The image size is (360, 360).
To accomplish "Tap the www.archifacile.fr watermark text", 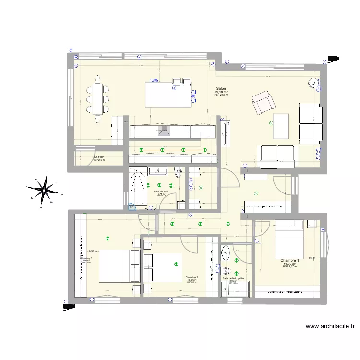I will (330, 326).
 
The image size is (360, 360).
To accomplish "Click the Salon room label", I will (221, 89).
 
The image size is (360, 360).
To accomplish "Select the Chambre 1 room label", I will (289, 261).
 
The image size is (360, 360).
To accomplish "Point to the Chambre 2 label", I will (192, 277).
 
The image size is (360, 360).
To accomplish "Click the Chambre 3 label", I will (86, 258).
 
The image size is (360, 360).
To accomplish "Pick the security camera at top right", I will (332, 59).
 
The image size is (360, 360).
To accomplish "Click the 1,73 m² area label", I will (98, 156).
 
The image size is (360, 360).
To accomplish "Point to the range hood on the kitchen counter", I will (162, 131).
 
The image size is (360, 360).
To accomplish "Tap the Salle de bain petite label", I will (233, 278).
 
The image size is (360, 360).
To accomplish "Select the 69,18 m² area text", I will (221, 92).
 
